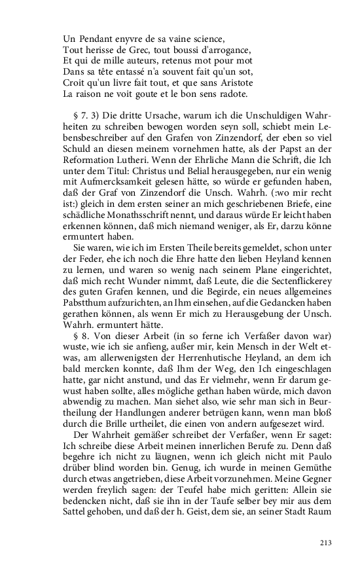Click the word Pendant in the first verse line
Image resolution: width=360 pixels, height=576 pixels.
(x=93, y=38)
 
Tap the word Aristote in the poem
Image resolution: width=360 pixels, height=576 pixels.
(x=216, y=83)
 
